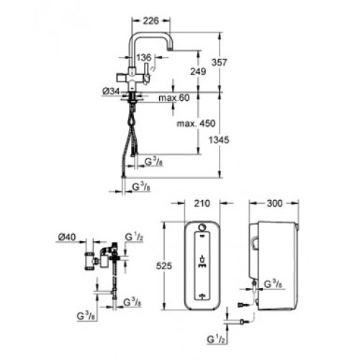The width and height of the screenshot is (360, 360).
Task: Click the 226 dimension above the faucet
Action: pos(151,21)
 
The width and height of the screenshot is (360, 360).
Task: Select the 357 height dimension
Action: pos(219,63)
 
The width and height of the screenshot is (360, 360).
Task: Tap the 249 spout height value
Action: pos(198,71)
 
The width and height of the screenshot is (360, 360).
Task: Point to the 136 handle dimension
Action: pos(144,58)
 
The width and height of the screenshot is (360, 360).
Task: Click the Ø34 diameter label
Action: pos(111,91)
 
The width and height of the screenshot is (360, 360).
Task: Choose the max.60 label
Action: pos(174,98)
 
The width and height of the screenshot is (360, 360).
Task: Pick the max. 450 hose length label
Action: pos(196,124)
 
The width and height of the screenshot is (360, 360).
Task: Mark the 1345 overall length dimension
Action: pos(219,140)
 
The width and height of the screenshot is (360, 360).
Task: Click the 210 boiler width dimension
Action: pos(202,203)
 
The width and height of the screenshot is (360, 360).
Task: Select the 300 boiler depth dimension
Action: pos(275,203)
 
